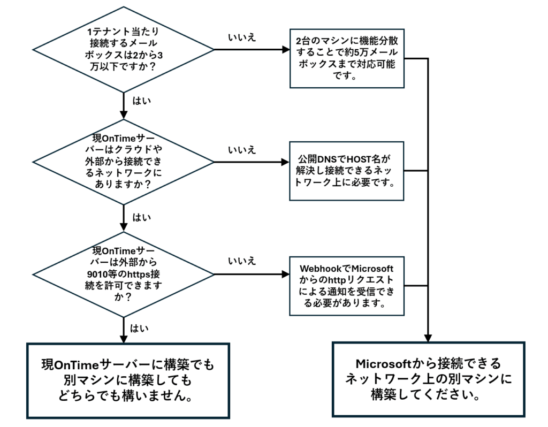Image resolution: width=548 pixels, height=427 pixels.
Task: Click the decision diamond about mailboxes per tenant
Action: pyautogui.click(x=124, y=50)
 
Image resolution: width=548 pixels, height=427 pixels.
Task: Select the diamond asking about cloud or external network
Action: pyautogui.click(x=124, y=162)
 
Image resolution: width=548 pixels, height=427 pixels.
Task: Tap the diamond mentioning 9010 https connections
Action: pyautogui.click(x=124, y=274)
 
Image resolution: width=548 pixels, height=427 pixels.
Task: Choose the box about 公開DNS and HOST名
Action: pyautogui.click(x=346, y=171)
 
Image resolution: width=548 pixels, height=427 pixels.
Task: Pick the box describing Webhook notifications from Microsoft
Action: pyautogui.click(x=346, y=285)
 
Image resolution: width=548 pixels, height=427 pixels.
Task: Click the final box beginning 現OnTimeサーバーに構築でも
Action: pyautogui.click(x=128, y=380)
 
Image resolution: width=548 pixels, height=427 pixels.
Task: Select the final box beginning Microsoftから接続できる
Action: pyautogui.click(x=428, y=379)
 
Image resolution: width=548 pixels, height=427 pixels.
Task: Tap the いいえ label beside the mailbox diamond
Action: pyautogui.click(x=242, y=37)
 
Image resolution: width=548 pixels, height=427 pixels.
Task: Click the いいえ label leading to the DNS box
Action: pyautogui.click(x=242, y=149)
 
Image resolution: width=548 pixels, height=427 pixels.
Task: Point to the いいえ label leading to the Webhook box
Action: pyautogui.click(x=242, y=261)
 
